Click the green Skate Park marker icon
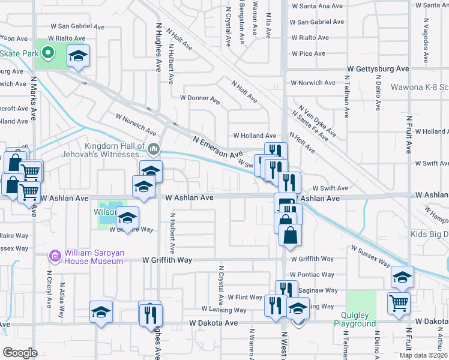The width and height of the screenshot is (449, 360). tap(47, 53)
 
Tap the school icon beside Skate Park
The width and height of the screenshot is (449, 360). tap(78, 56)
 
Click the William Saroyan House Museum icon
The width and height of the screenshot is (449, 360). tap(55, 257)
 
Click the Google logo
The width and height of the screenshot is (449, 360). tap(20, 353)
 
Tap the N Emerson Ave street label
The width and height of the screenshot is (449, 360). tap(217, 146)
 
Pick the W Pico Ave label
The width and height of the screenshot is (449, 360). tap(309, 54)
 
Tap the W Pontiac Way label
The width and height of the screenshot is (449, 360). tap(312, 274)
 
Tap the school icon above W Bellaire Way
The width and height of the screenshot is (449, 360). tap(127, 218)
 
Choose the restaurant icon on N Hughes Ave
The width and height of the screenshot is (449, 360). tap(150, 314)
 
